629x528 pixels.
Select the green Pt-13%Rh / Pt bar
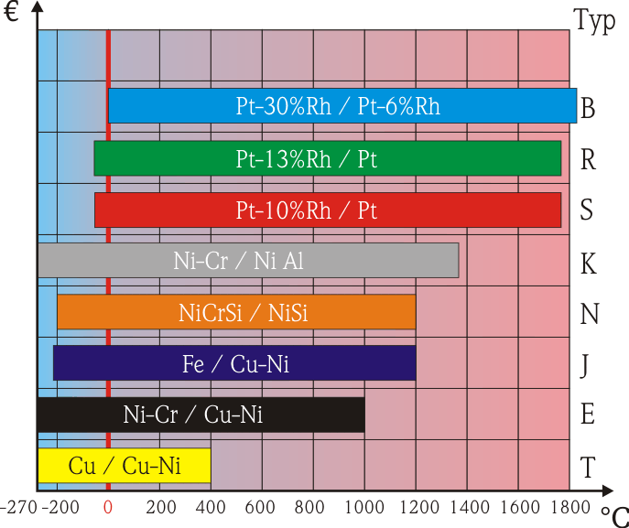(327, 158)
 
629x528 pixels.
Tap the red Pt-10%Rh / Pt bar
(327, 210)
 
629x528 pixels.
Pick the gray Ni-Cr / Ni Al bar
(247, 261)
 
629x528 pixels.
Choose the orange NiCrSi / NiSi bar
(236, 313)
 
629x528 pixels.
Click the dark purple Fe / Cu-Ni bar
(234, 363)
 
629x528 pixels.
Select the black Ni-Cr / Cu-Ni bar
(201, 415)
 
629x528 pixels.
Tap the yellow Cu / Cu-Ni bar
(124, 466)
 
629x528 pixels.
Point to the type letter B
(589, 109)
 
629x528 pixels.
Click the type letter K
(589, 264)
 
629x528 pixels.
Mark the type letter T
(588, 469)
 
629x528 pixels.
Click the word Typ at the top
(594, 20)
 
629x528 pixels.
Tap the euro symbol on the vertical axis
(12, 15)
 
